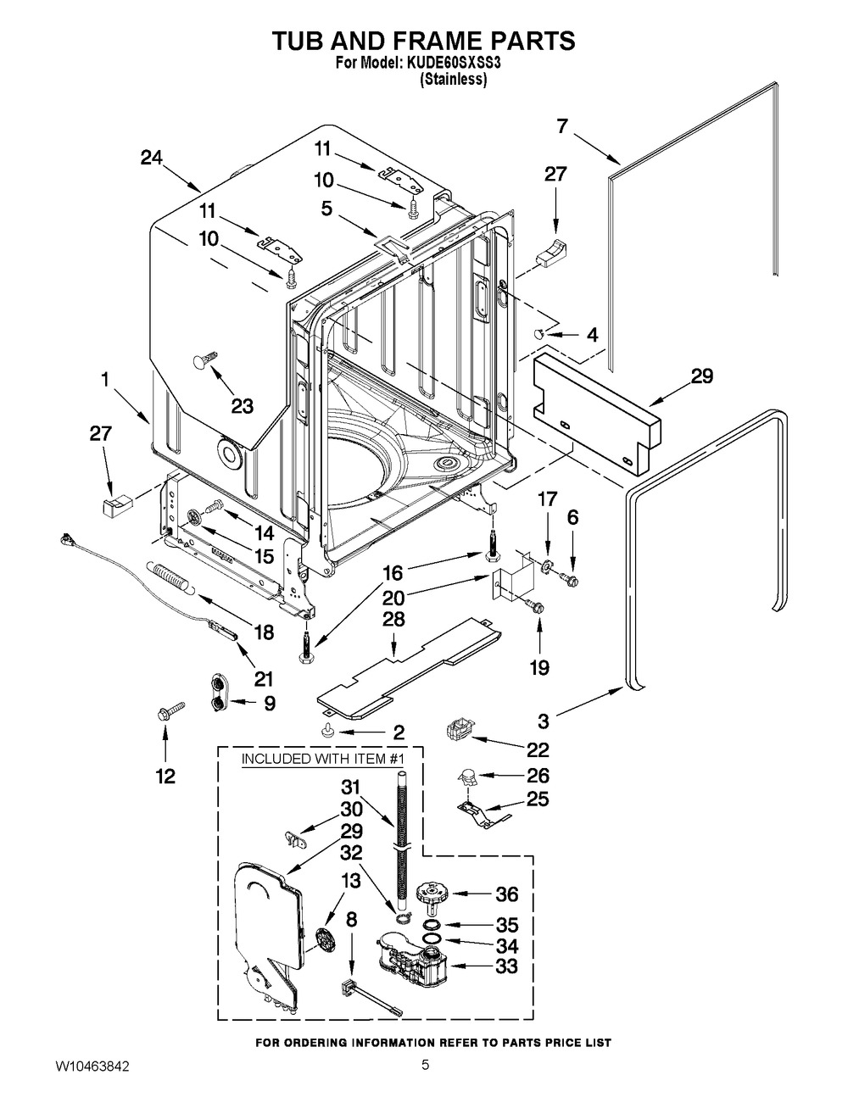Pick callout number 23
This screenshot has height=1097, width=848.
(242, 406)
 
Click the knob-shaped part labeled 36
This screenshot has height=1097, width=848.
(430, 896)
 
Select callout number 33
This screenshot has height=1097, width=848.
(507, 966)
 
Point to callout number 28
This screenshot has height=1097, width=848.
(393, 620)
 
